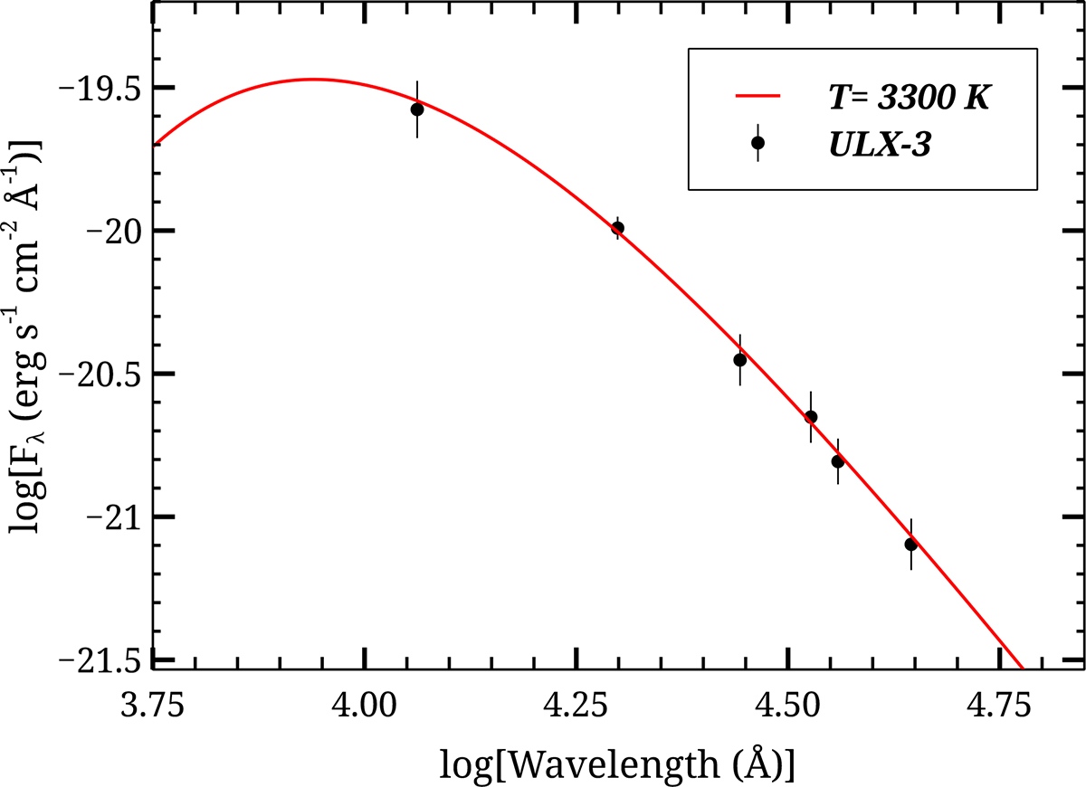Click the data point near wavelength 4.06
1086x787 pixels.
point(417,109)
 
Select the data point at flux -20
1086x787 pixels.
point(617,228)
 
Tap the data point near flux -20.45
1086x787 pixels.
point(739,360)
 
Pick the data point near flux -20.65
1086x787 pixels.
point(811,417)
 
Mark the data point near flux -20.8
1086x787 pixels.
point(838,461)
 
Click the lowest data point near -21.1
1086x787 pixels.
point(910,545)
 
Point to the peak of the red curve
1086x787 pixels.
point(312,80)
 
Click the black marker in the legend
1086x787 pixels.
point(757,143)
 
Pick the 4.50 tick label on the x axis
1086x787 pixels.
point(789,704)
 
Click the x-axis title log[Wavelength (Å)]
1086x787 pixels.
point(618,763)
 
